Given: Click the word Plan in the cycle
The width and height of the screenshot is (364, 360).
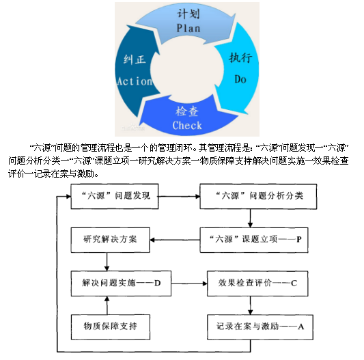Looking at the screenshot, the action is (x=188, y=28).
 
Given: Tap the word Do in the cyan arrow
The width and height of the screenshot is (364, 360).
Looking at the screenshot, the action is (x=240, y=79).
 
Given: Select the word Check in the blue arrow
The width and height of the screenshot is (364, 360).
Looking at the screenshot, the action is (x=187, y=126).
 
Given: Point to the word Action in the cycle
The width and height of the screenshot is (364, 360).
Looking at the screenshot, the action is (x=135, y=81).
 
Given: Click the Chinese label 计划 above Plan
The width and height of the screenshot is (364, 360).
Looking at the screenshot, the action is (x=188, y=14).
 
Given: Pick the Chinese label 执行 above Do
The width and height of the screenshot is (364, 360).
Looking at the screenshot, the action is (x=240, y=57).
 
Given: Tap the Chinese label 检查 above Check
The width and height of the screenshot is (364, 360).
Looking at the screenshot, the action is (x=187, y=111).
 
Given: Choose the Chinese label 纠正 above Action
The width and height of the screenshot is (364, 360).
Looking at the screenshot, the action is (x=135, y=59).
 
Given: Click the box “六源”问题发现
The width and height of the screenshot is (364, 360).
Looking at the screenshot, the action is (x=115, y=196).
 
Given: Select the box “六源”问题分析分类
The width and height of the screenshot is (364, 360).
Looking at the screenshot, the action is (x=258, y=196).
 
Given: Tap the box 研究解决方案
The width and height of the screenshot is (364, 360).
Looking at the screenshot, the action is (x=110, y=240).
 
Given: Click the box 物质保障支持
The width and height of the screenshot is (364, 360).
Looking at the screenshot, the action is (x=110, y=327).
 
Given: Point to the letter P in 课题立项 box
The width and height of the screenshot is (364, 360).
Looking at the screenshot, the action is (x=299, y=240).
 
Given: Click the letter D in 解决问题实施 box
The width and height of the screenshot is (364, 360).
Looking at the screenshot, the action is (x=157, y=283).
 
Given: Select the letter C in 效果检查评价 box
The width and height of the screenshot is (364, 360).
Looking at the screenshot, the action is (x=294, y=283).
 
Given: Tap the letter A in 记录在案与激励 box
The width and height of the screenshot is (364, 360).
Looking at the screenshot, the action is (x=301, y=327).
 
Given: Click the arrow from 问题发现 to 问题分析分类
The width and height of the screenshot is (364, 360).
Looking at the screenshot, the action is (x=179, y=197).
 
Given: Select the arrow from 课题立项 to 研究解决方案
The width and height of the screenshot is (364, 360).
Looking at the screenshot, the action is (x=175, y=240).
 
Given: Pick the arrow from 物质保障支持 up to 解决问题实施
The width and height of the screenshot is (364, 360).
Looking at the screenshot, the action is (x=107, y=305).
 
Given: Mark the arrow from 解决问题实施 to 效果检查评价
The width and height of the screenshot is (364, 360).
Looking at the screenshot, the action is (x=189, y=283).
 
